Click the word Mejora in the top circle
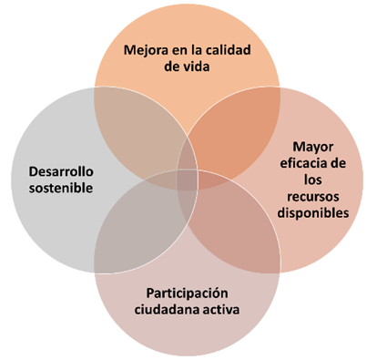click(145, 50)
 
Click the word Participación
click(187, 293)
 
